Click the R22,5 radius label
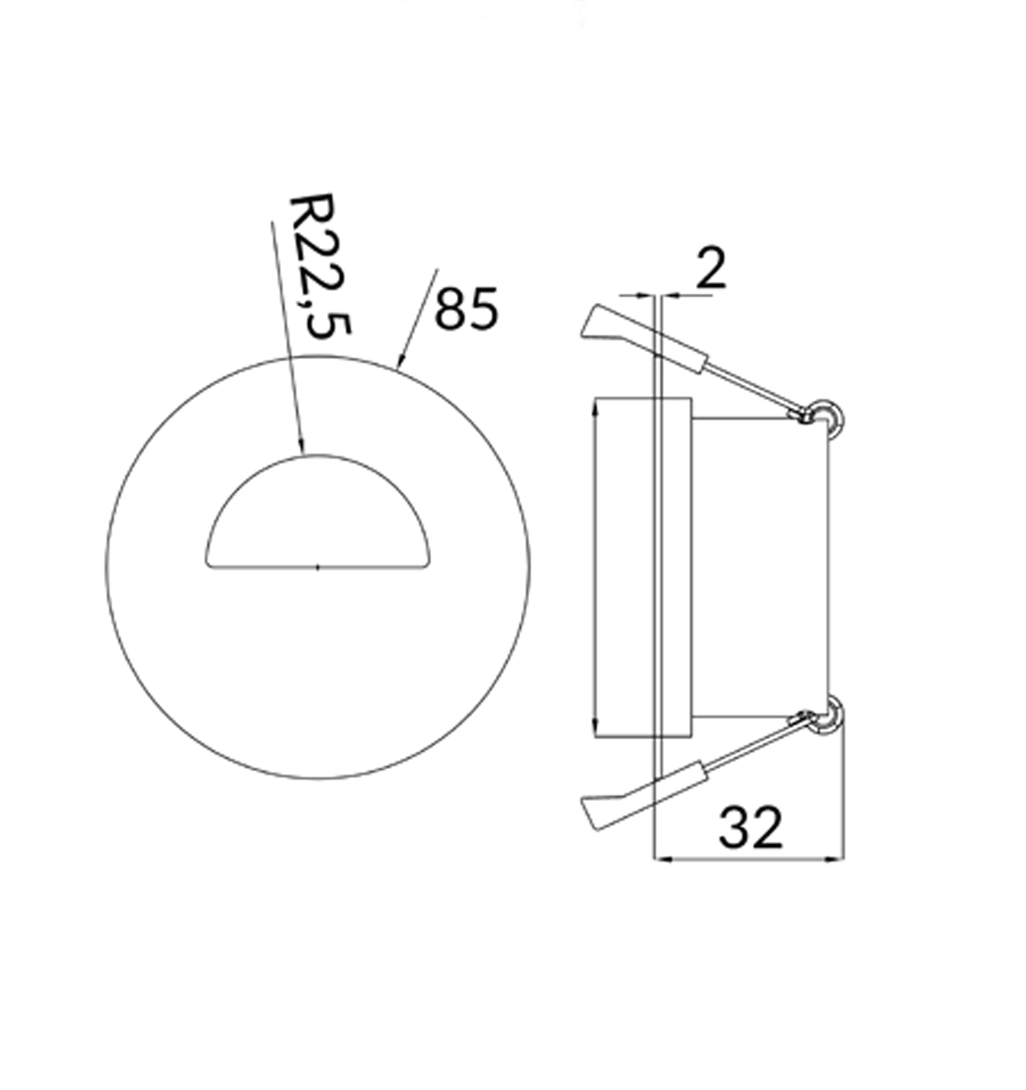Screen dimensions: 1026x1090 [x=319, y=267]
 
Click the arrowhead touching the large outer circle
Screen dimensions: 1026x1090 [x=401, y=359]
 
